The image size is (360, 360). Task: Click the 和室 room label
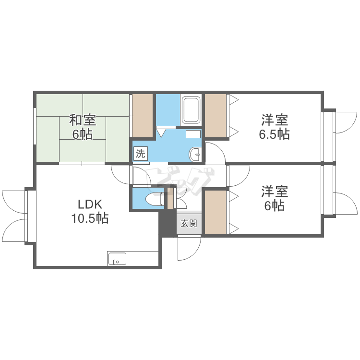click(83, 120)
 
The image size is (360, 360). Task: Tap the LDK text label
click(90, 204)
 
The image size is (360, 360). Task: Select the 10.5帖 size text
click(90, 218)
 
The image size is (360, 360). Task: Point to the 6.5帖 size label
click(275, 134)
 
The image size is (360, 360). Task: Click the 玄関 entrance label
click(189, 223)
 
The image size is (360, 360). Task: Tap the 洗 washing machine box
click(140, 154)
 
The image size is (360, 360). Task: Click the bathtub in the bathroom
click(191, 110)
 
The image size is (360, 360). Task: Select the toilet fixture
click(155, 199)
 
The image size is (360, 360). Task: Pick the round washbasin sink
click(195, 154)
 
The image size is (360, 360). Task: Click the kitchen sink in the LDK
click(117, 259)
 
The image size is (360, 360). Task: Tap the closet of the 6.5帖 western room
click(216, 116)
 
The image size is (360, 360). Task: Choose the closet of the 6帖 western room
click(216, 212)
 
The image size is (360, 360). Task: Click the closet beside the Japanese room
click(143, 116)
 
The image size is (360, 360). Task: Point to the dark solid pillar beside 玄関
click(168, 222)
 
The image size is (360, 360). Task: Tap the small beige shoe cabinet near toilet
click(170, 198)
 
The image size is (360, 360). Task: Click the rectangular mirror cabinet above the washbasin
click(193, 134)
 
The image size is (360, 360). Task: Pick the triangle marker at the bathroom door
click(161, 133)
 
